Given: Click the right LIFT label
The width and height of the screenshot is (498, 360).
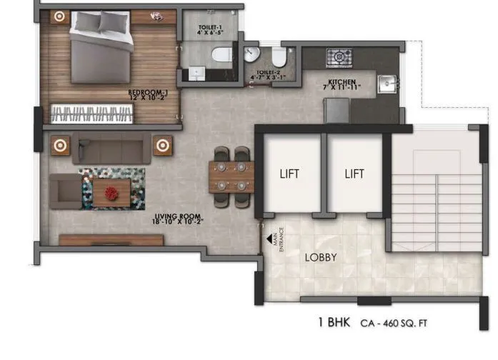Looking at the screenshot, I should click(354, 174).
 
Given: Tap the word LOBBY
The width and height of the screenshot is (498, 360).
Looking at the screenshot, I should click(322, 257).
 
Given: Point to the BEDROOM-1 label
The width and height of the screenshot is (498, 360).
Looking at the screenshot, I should click(147, 93).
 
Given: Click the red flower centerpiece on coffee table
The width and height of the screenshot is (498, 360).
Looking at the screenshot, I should click(111, 192).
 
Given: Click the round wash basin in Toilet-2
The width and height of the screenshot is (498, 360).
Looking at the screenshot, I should click(251, 54).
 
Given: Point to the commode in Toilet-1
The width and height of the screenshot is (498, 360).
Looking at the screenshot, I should click(222, 52).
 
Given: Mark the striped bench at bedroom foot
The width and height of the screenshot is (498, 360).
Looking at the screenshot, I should click(91, 112).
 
